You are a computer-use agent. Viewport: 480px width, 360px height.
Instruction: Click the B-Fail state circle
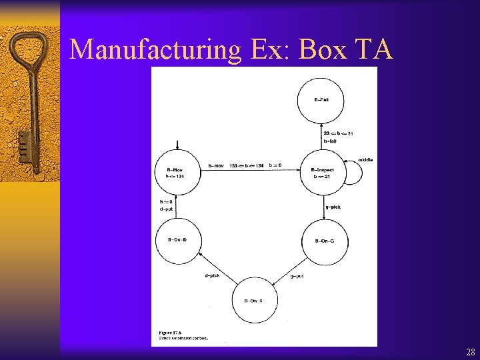coord(321,100)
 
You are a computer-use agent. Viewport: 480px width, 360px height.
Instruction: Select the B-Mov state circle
coord(178,173)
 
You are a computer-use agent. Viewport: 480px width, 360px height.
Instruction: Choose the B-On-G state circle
coord(325,241)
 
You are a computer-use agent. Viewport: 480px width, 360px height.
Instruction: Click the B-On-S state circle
coord(254,301)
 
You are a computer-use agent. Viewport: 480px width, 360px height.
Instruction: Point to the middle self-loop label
coord(365,160)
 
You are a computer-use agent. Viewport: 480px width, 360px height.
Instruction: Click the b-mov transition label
coord(216,165)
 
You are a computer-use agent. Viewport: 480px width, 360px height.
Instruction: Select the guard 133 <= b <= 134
coord(246,165)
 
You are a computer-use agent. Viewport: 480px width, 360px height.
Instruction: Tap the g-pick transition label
coord(333,207)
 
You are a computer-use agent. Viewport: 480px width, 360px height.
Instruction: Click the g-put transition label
coord(297,276)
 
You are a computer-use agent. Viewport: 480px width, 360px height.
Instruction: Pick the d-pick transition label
coord(212,276)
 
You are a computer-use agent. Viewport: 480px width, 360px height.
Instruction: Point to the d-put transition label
coord(167,209)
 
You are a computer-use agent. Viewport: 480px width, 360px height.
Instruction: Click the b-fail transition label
coord(330,141)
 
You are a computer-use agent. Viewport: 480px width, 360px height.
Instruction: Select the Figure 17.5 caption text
coord(175,335)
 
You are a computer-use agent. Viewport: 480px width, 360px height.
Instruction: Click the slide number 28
coord(471,352)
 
